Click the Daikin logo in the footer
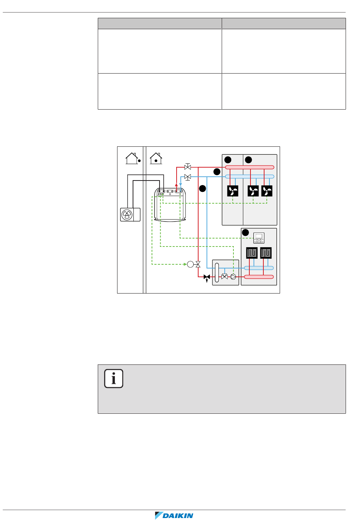(x=174, y=515)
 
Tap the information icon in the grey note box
(x=114, y=378)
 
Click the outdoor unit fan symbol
(x=127, y=215)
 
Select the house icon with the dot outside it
(x=133, y=158)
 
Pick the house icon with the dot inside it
(x=156, y=158)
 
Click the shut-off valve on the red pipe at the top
(x=188, y=166)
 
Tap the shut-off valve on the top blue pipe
(x=188, y=177)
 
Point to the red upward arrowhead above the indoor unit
(x=176, y=185)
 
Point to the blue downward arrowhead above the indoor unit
(x=180, y=185)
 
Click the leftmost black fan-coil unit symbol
(x=233, y=191)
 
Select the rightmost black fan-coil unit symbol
(x=267, y=191)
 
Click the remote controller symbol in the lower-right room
(x=259, y=238)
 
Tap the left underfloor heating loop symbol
(x=252, y=253)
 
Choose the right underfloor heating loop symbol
(x=266, y=253)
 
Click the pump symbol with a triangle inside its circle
(x=233, y=277)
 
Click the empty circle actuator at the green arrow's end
(x=190, y=264)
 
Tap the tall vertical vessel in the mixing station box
(x=217, y=273)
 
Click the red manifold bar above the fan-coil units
(x=250, y=167)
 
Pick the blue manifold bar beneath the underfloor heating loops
(x=259, y=268)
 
